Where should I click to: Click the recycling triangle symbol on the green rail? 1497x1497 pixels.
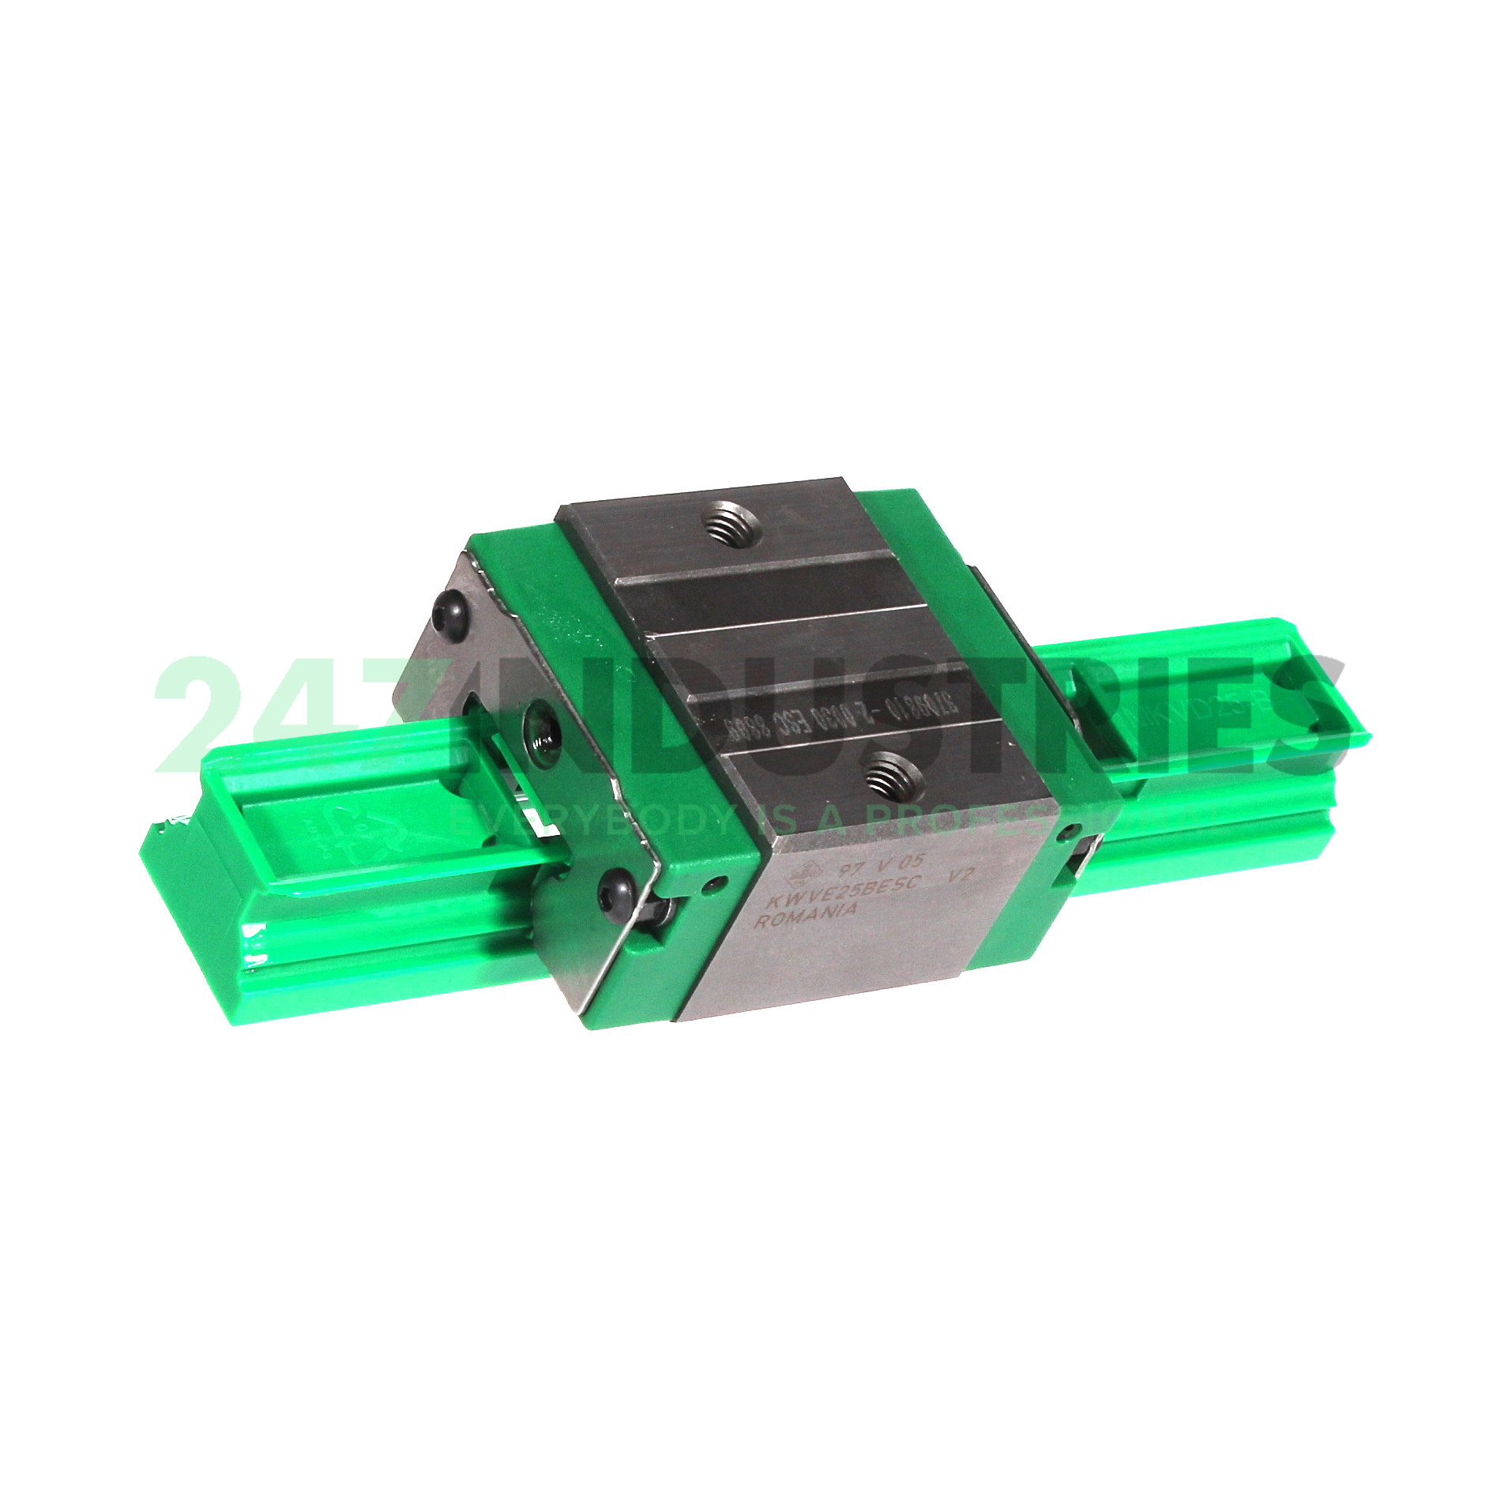366,829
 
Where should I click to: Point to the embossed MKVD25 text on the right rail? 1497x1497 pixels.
1228,694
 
